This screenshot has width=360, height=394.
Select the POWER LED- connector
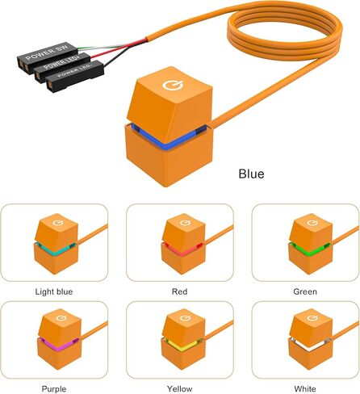[75, 76]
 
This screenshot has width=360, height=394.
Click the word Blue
[251, 174]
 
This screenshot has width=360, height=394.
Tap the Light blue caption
[54, 291]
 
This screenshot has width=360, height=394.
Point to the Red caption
[179, 291]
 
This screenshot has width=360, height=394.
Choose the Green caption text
[305, 291]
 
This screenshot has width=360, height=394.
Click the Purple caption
[54, 389]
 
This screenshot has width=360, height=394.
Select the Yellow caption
[179, 389]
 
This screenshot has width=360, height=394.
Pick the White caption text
[305, 389]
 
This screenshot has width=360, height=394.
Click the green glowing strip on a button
[309, 249]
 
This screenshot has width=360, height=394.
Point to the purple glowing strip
[58, 345]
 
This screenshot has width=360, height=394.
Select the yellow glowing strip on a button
[183, 345]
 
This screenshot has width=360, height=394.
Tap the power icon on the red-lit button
[185, 223]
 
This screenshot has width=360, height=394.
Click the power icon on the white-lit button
[312, 318]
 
